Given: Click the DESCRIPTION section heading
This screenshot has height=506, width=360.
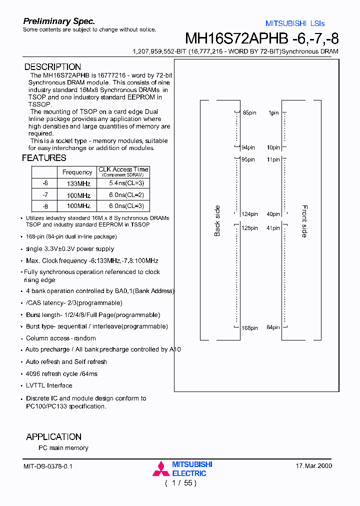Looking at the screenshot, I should (52, 67).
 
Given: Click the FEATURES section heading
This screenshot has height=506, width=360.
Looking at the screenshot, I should (44, 158).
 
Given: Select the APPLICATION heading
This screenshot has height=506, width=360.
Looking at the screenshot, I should (53, 437).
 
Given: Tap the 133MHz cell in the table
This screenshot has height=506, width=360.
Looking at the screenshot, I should (78, 184).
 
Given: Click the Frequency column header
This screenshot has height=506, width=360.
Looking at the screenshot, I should (77, 172).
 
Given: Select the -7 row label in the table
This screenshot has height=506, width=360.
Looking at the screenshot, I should (45, 195).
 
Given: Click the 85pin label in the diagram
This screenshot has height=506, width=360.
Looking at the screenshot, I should (249, 113).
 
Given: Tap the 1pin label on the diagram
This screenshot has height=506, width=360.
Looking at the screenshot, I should (273, 113).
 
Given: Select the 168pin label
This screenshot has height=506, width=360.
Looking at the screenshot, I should (249, 328).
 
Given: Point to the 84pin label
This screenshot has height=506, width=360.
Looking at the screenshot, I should (273, 328).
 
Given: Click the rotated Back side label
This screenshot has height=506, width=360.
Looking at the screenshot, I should (217, 220).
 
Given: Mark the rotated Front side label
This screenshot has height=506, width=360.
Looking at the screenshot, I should (304, 221).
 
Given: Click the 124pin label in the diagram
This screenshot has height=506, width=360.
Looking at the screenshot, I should (249, 214).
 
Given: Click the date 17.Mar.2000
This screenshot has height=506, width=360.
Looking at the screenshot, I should (314, 466).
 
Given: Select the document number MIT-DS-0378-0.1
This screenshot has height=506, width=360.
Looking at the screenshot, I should (48, 466).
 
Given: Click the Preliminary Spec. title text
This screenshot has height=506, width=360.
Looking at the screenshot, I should (59, 21).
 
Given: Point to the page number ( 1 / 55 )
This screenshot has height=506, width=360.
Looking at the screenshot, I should (180, 483).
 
